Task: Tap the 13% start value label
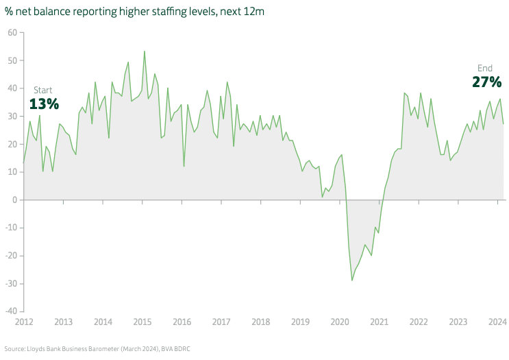coord(44,104)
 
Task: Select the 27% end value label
coord(486,82)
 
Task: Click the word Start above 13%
coord(42,90)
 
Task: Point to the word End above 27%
coord(484,68)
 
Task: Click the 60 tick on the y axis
coord(12,32)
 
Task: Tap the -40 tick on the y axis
coord(11,311)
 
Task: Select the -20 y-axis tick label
coord(11,256)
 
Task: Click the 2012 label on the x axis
coord(24,322)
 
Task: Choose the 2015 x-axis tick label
coord(142,322)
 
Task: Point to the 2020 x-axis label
coord(340,322)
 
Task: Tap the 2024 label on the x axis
coord(497,322)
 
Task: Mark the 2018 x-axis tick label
coord(261,322)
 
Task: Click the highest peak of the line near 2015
coord(144,51)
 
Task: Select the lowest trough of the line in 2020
coord(352,280)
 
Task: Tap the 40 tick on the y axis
coord(12,88)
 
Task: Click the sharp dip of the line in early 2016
coord(184,166)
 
